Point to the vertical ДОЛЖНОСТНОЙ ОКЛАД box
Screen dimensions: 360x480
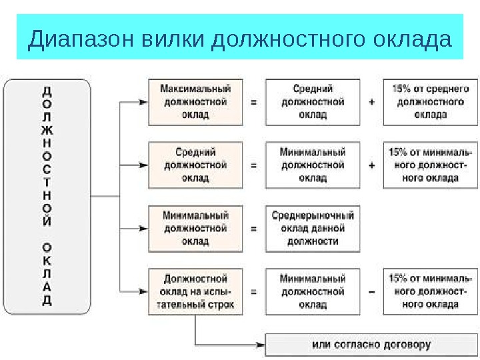click(47, 196)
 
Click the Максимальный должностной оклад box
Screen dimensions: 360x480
click(195, 101)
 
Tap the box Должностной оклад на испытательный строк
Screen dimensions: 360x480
click(195, 291)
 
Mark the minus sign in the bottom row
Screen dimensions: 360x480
click(371, 292)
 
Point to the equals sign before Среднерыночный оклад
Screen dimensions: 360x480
click(253, 229)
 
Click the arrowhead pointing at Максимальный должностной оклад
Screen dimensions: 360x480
click(143, 102)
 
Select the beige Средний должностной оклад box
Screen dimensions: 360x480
click(195, 165)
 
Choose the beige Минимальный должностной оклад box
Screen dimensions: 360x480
click(195, 228)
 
